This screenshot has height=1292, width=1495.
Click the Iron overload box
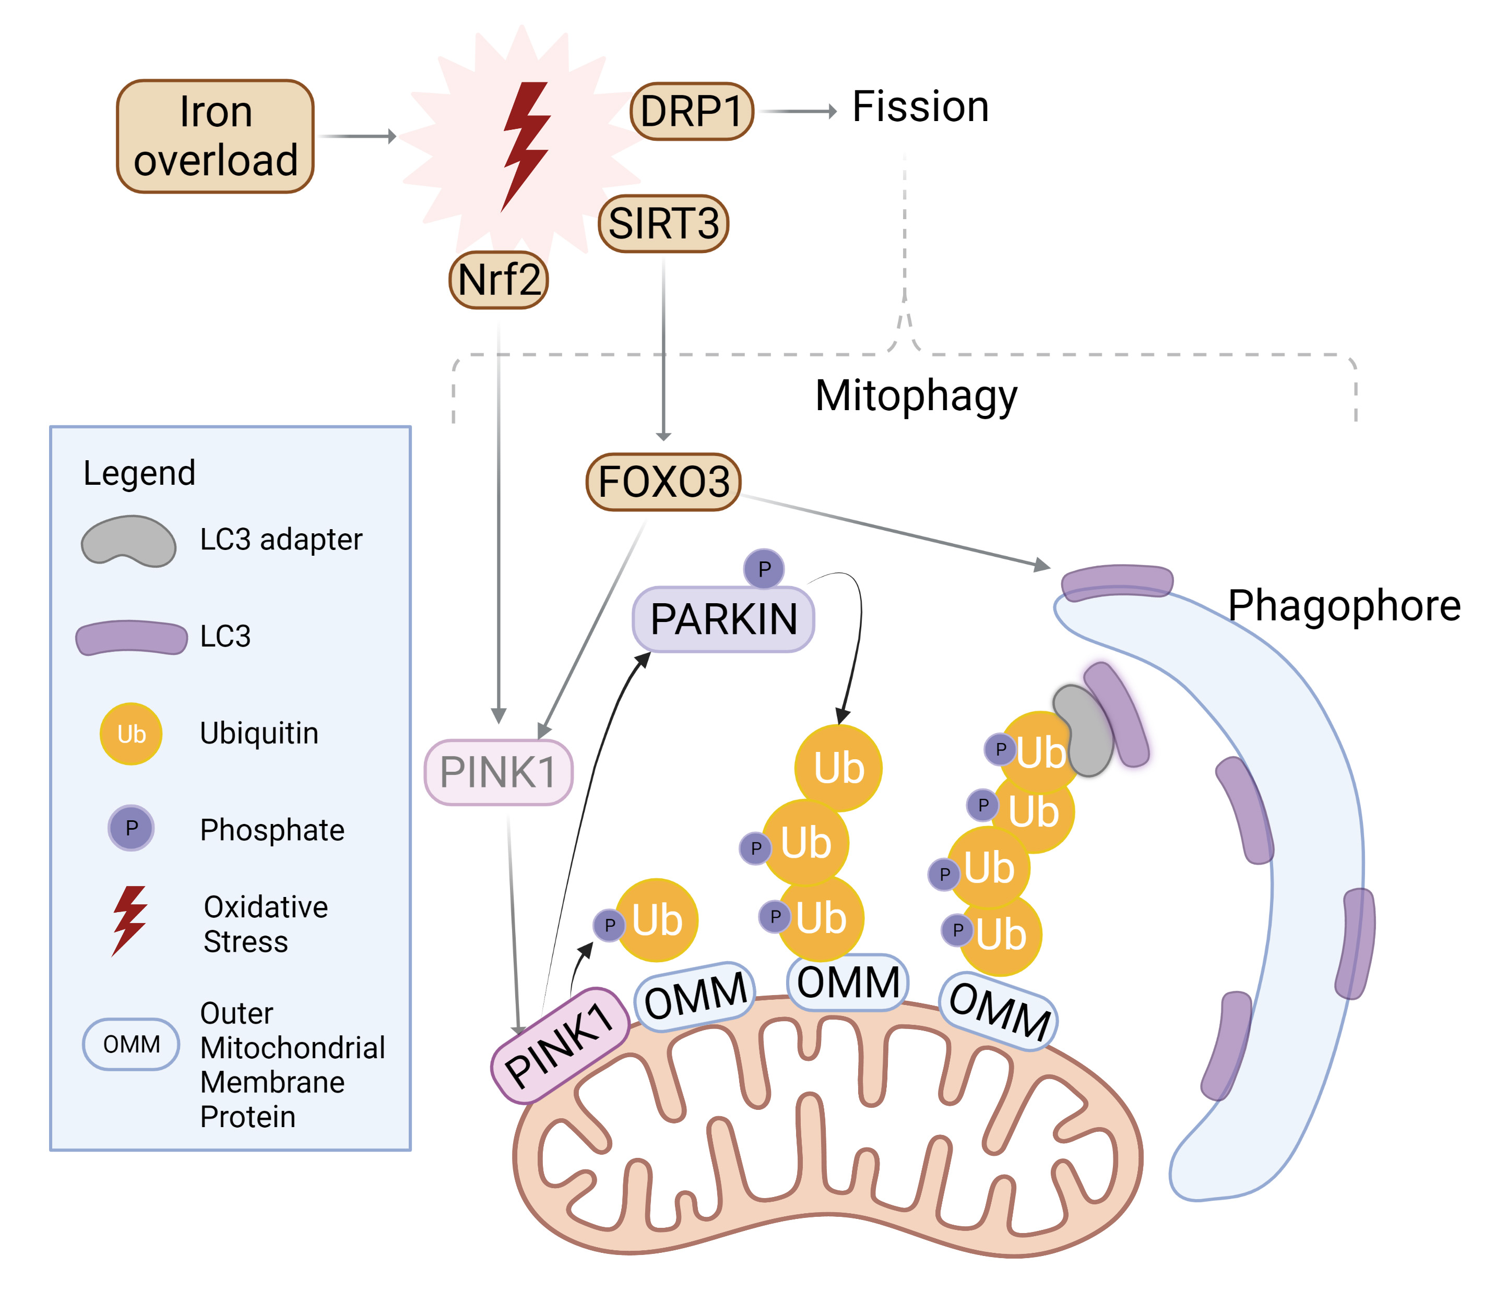215,136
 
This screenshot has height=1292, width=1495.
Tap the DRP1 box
691,111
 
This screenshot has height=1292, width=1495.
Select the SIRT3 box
663,224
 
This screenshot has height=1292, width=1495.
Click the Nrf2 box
499,280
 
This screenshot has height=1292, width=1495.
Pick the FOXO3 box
663,482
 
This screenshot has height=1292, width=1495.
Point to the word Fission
920,107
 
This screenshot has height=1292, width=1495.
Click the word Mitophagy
916,396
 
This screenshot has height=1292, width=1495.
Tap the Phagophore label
1344,605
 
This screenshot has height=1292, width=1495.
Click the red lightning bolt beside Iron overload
525,144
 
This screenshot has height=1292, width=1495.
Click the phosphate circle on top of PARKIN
764,569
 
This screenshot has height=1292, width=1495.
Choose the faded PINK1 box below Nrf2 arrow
498,772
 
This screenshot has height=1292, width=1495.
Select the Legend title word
139,473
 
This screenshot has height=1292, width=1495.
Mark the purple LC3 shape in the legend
132,637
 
